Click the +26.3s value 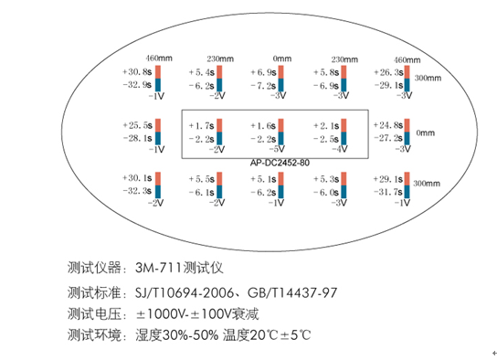pyautogui.click(x=388, y=71)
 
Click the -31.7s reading pyautogui.click(x=388, y=192)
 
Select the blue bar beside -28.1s pyautogui.click(x=157, y=137)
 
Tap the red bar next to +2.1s pyautogui.click(x=346, y=124)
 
